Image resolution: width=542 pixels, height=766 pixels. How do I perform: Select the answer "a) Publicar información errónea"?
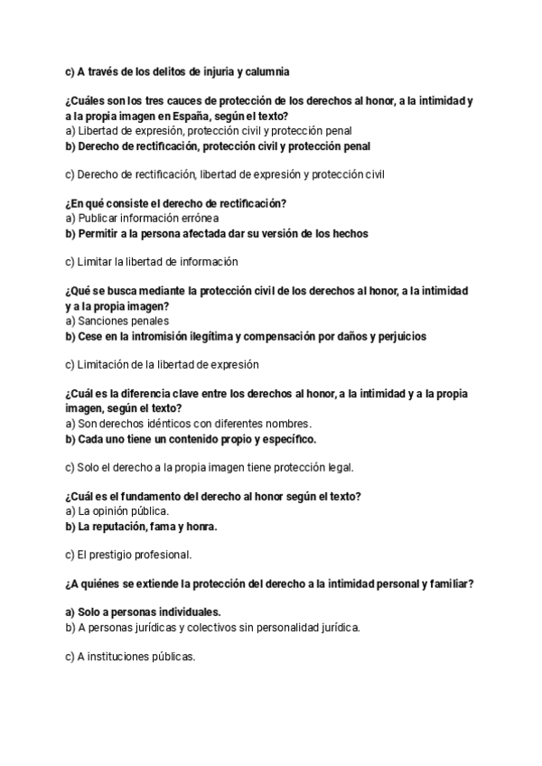(x=142, y=219)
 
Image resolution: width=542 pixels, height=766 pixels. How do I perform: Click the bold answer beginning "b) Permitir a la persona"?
(x=217, y=233)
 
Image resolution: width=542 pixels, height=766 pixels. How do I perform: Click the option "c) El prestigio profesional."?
(x=128, y=555)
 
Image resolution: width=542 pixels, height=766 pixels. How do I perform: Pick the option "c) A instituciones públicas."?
(x=130, y=657)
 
